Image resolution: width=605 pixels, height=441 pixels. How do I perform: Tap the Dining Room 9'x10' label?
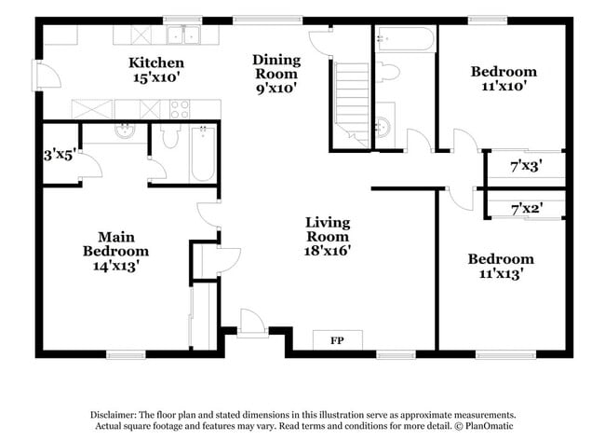tap(276, 74)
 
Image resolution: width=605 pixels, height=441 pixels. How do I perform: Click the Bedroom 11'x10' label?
tap(503, 79)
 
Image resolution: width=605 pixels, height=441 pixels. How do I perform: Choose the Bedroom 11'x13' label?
tap(501, 266)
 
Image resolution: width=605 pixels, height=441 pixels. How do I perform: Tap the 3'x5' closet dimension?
tap(59, 157)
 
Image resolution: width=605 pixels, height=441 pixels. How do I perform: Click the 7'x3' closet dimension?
tap(526, 167)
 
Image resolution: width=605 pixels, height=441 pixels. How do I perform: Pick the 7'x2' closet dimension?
tap(526, 211)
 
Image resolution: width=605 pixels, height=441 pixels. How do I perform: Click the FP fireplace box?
tap(337, 340)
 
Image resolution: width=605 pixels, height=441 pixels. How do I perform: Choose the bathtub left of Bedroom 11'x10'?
tap(404, 40)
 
